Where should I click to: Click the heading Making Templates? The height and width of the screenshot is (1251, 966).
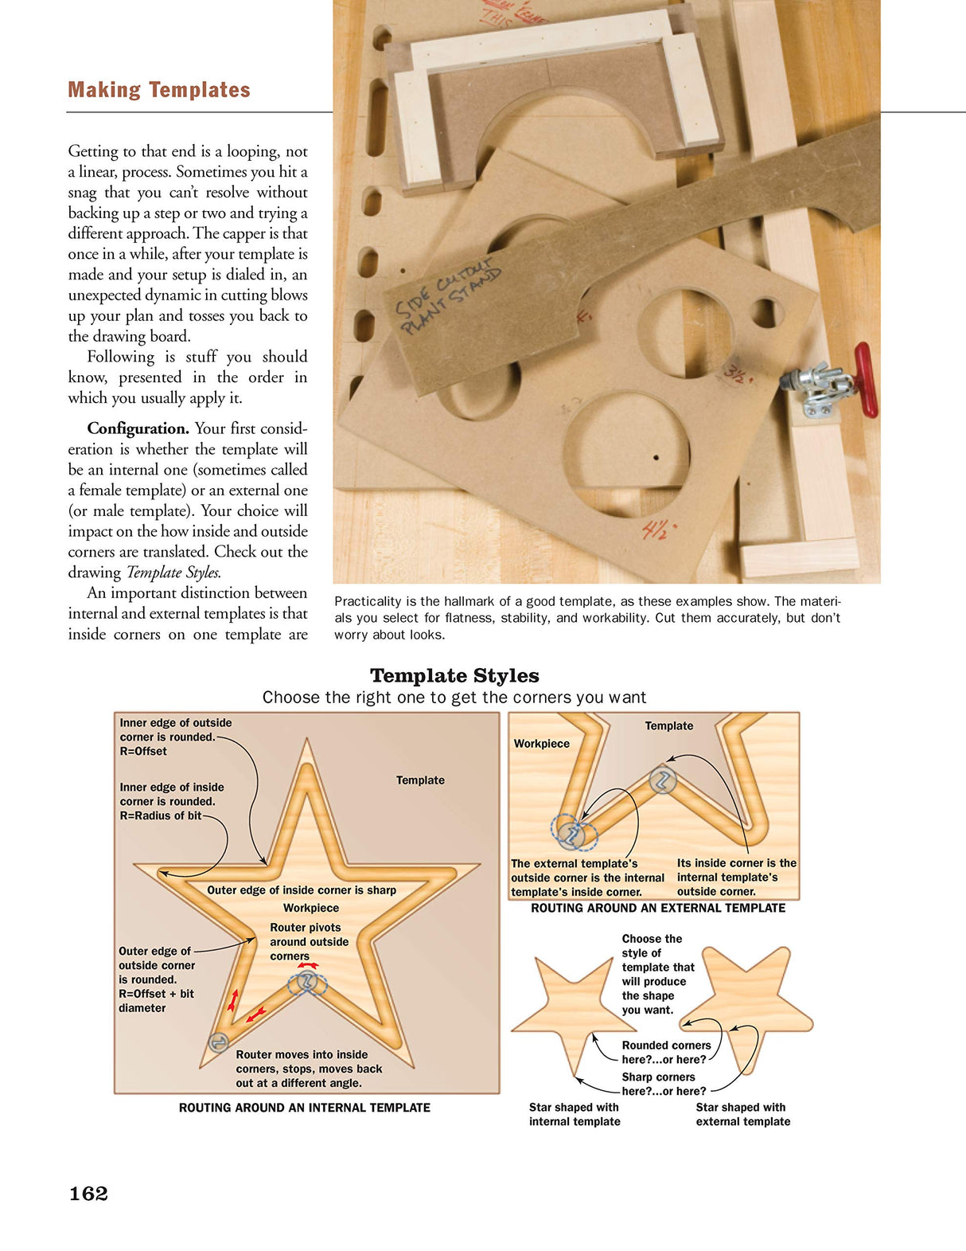[159, 90]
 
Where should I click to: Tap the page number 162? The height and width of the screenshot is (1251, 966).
[88, 1193]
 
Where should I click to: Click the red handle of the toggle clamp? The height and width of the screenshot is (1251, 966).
[866, 380]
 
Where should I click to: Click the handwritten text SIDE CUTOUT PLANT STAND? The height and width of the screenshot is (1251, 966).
[449, 295]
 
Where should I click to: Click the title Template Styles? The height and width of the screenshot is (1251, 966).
[454, 675]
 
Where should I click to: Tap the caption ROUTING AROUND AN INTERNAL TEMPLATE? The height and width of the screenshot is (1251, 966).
[304, 1108]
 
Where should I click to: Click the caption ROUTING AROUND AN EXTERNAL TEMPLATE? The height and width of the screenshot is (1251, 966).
[657, 908]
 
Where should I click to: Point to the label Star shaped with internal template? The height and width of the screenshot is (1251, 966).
[575, 1114]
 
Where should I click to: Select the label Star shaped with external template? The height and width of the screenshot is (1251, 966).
[742, 1114]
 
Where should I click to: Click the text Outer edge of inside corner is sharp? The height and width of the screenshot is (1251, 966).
[302, 890]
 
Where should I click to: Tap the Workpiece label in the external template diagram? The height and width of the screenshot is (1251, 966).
[541, 744]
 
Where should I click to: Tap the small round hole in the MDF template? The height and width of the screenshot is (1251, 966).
[765, 312]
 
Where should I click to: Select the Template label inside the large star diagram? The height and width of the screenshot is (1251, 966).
[420, 780]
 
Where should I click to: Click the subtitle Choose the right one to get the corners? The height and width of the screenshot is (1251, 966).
[454, 698]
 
